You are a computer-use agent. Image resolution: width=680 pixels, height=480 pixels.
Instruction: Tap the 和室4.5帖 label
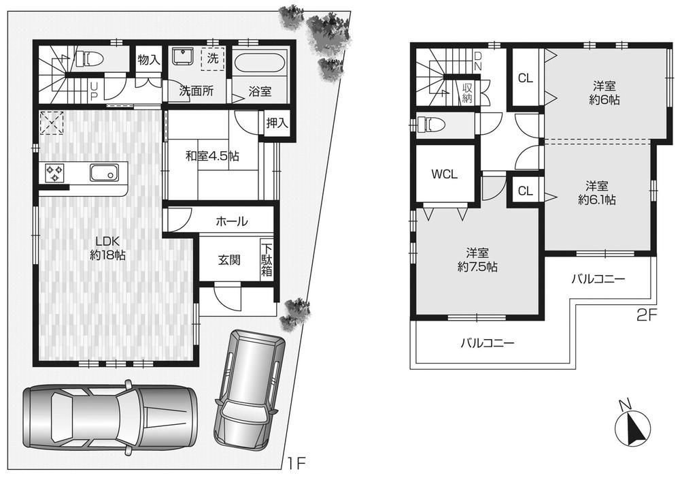(x=212, y=156)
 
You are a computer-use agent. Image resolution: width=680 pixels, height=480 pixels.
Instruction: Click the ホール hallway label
(x=231, y=221)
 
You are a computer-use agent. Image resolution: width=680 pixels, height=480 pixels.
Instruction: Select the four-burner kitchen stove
(x=54, y=173)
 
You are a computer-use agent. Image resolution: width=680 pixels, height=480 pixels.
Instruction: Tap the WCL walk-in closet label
(x=445, y=174)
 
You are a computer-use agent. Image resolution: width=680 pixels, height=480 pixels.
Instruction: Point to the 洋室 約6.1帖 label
(x=597, y=192)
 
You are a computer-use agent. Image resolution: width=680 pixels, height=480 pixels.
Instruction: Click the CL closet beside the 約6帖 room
(x=525, y=78)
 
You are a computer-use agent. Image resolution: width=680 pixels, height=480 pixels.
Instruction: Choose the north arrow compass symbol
(x=632, y=427)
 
